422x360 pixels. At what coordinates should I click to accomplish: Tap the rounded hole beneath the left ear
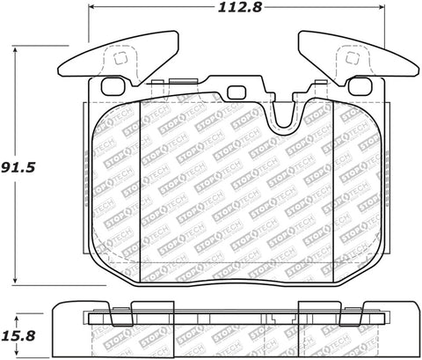tap(111, 87)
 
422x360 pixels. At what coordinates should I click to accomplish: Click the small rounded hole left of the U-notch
tap(235, 92)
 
